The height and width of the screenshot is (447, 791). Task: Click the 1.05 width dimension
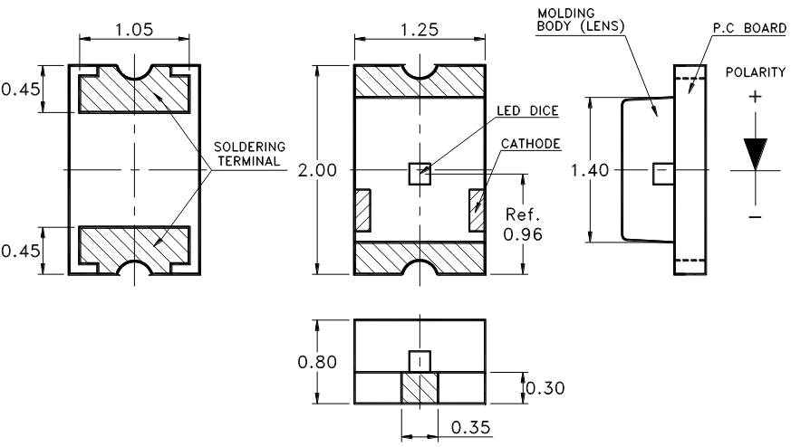(x=134, y=29)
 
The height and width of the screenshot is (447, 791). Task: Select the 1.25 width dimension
(x=420, y=30)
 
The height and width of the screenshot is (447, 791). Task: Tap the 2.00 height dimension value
(x=317, y=170)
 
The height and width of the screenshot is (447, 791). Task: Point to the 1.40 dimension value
(x=590, y=170)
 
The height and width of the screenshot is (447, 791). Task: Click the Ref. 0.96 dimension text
(x=523, y=224)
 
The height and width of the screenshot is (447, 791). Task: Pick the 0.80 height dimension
(x=317, y=362)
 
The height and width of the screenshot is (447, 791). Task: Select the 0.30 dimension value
(x=545, y=388)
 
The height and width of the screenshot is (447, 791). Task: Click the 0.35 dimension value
(x=470, y=427)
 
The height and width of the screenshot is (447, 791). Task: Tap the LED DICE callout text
(x=527, y=111)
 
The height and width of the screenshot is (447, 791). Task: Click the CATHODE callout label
(x=531, y=144)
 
